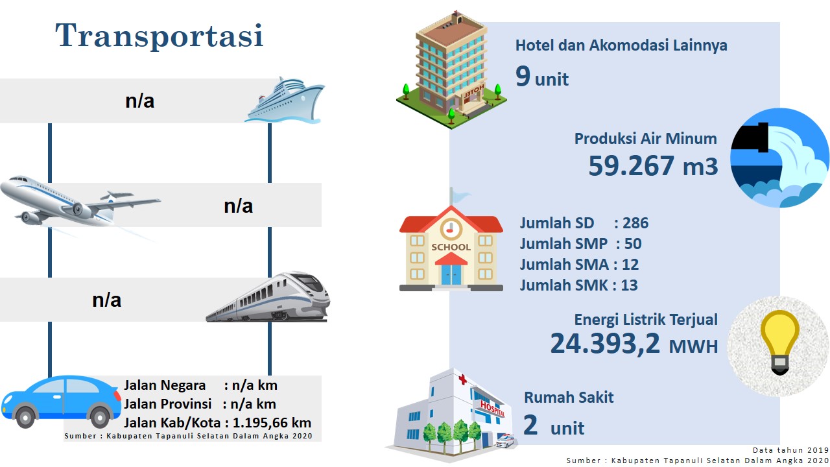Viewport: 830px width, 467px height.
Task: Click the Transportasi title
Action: (x=160, y=35)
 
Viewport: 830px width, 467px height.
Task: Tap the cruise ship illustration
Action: (x=285, y=100)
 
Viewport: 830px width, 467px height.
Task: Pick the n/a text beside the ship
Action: (x=139, y=101)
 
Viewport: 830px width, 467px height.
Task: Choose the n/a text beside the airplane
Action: (x=238, y=206)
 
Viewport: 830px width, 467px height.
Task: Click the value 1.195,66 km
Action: (x=272, y=423)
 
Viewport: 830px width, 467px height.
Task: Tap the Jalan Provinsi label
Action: (x=167, y=404)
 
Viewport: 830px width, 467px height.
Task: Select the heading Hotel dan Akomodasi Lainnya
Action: (x=621, y=45)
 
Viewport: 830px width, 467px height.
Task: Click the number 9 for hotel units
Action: (x=523, y=76)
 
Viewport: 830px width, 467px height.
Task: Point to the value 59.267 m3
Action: (x=653, y=165)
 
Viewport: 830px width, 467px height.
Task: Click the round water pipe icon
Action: (x=779, y=158)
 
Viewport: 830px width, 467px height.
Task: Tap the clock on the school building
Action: (x=451, y=229)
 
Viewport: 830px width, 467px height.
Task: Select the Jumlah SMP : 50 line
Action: (x=580, y=244)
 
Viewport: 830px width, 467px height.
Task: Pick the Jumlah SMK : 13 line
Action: (x=579, y=285)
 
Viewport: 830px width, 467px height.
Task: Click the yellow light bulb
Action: (x=779, y=342)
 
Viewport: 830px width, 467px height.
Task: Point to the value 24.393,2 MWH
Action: (x=634, y=344)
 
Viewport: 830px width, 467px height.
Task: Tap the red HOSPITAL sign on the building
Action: (x=492, y=408)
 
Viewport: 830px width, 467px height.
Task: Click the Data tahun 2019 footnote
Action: (x=790, y=450)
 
